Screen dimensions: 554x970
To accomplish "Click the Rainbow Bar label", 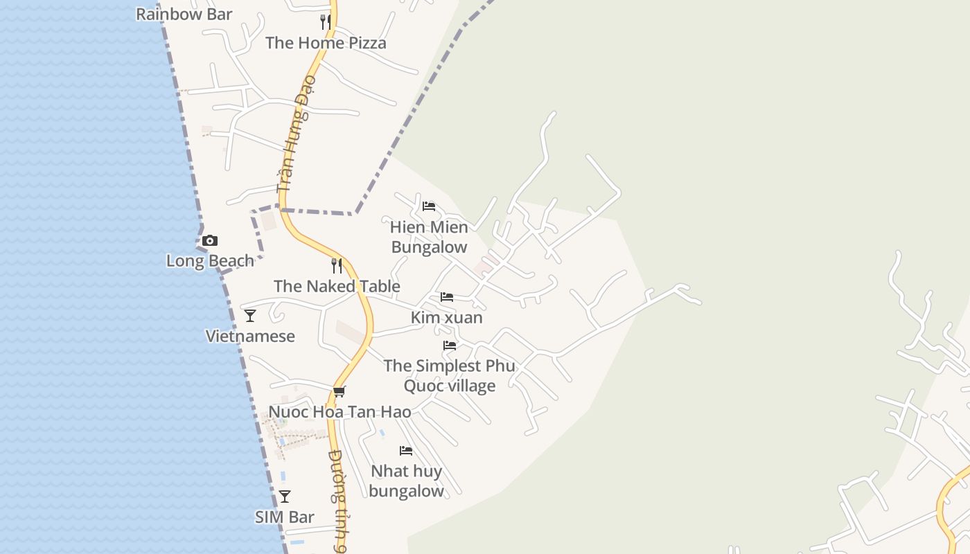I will point(184,14).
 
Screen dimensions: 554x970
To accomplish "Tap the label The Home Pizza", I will point(326,43).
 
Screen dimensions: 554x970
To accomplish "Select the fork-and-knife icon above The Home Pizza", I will point(326,22).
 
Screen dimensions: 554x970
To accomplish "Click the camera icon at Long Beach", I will point(210,241).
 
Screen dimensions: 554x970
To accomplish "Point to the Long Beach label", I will point(210,261).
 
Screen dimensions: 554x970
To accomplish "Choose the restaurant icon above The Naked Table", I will point(337,266).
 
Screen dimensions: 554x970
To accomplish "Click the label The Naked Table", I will point(337,286).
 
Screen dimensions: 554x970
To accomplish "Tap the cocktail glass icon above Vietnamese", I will point(250,316).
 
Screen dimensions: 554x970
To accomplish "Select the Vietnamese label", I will point(250,337).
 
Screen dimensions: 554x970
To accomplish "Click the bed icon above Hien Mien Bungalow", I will point(429,206).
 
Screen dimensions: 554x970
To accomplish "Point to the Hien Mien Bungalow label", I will point(429,237).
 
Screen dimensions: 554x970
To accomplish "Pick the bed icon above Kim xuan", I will point(447,297).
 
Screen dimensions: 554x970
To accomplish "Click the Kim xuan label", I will point(447,318).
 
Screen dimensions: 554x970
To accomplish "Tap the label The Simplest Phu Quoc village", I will point(450,375).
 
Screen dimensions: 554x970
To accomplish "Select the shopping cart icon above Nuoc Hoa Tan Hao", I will point(339,392).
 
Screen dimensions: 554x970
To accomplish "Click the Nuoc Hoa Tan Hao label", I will point(339,412).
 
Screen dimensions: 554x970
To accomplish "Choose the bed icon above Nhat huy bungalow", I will point(406,451).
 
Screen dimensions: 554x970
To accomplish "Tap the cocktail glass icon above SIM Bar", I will point(285,497).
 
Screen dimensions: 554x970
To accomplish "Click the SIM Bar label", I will point(285,517).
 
